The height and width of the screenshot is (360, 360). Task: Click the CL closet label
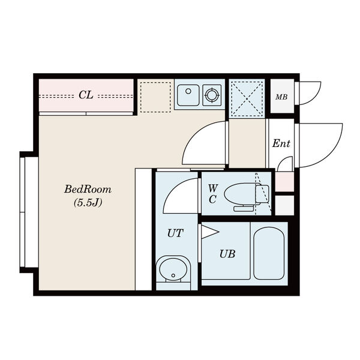click(86, 95)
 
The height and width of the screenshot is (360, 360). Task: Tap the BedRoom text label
click(88, 190)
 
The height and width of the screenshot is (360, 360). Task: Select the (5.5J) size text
click(88, 203)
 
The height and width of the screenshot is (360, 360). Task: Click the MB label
click(281, 97)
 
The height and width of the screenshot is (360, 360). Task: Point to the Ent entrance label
click(281, 144)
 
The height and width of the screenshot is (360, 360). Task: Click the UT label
click(175, 233)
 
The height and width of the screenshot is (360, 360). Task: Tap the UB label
click(227, 254)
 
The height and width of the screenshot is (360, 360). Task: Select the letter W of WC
click(213, 188)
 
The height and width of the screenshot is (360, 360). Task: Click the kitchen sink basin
click(188, 95)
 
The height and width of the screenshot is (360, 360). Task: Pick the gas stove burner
click(212, 95)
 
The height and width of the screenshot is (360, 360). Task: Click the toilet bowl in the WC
click(241, 193)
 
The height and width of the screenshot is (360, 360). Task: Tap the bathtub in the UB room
click(269, 253)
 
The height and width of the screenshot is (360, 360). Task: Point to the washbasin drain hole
click(173, 275)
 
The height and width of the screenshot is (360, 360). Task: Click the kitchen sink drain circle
click(188, 91)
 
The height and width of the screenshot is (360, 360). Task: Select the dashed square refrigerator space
click(155, 97)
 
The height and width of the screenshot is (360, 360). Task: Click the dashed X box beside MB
click(247, 99)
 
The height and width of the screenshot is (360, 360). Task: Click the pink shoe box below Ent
click(284, 181)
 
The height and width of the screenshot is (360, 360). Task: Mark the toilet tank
click(262, 194)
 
